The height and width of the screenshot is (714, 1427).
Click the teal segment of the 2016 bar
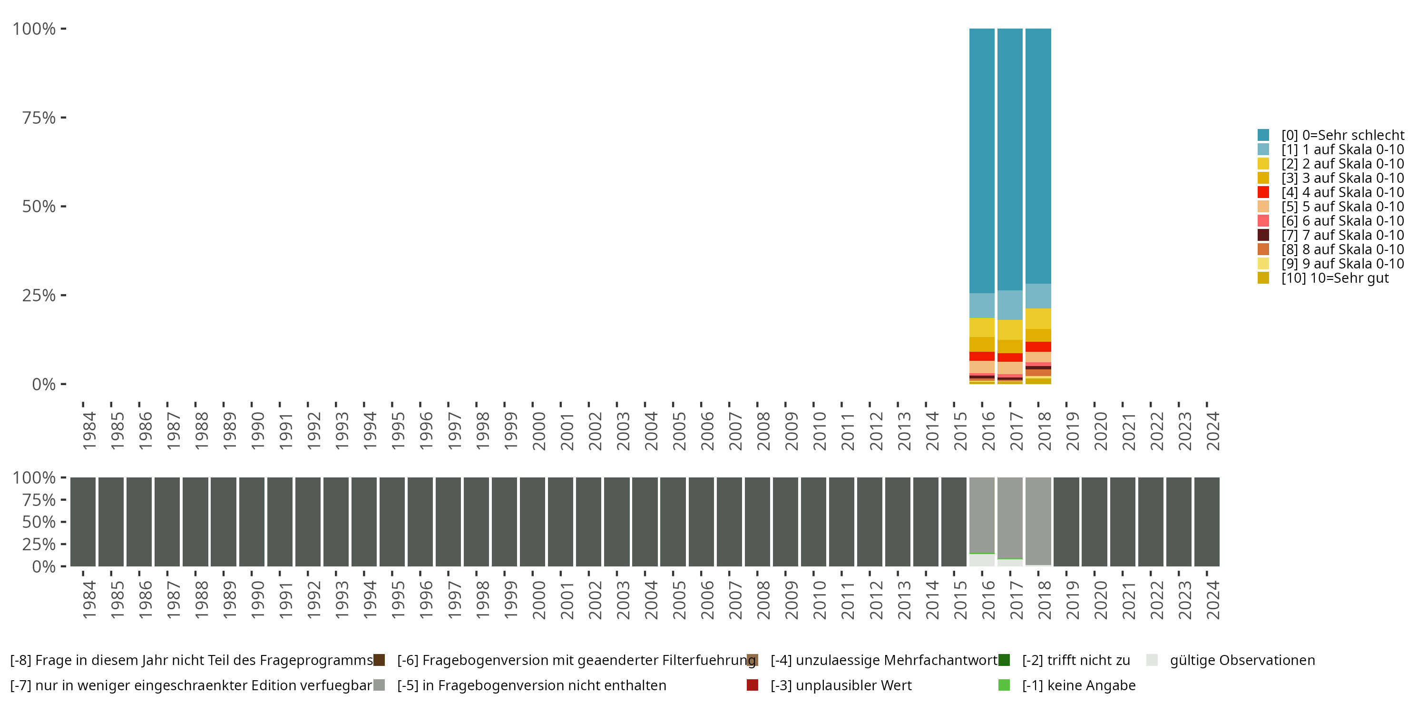pyautogui.click(x=982, y=161)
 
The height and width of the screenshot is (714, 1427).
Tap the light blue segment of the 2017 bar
pyautogui.click(x=1010, y=305)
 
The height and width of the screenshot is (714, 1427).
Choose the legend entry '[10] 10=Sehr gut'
pyautogui.click(x=1335, y=278)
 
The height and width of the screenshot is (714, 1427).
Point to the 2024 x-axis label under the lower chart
pyautogui.click(x=1212, y=600)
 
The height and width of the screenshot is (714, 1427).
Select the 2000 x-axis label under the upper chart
pyautogui.click(x=538, y=431)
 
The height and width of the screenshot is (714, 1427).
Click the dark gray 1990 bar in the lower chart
pyautogui.click(x=252, y=522)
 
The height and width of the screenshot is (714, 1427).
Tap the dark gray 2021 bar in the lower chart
pyautogui.click(x=1123, y=522)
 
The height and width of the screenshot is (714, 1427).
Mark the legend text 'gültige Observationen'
pyautogui.click(x=1242, y=660)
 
